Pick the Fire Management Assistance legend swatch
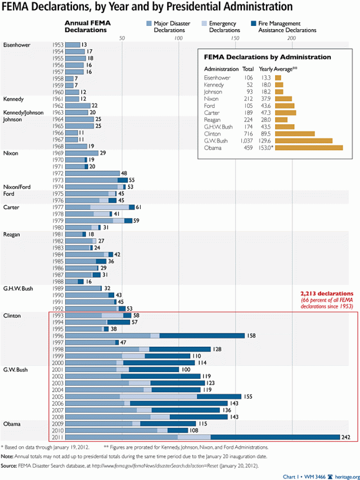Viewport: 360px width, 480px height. click(254, 24)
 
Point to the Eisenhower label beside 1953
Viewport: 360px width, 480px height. click(16, 44)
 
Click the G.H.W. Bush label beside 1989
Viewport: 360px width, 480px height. click(21, 288)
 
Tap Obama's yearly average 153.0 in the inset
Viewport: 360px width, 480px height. click(265, 148)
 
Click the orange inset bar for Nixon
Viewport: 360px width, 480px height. click(283, 98)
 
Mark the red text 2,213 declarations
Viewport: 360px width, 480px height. click(327, 293)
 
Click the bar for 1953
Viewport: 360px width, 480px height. click(73, 44)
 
